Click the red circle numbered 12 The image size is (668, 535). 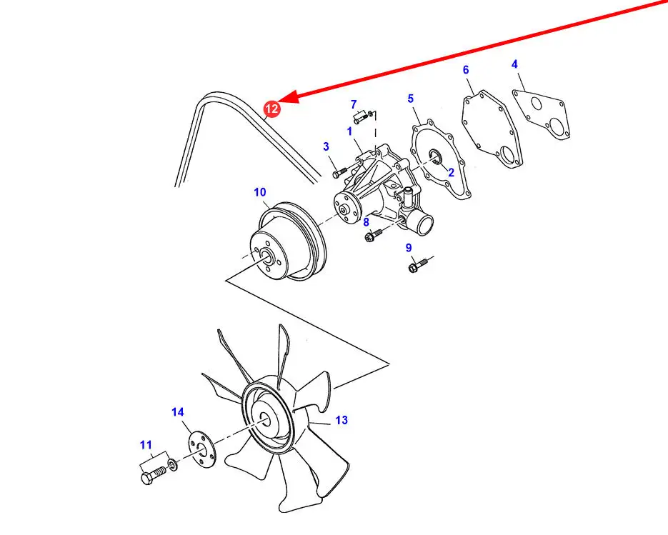pos(272,109)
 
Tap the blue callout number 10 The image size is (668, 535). pos(259,191)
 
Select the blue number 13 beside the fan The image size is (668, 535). pos(342,420)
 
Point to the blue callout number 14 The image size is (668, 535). pos(178,412)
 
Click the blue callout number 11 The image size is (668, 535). pos(146,446)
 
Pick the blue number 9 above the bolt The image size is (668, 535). pos(409,248)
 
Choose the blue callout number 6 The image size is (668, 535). pos(466,70)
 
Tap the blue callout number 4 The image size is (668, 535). pos(514,65)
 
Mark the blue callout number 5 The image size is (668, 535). pos(411,99)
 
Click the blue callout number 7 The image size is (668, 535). pos(353,104)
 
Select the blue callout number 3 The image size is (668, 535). pos(326,147)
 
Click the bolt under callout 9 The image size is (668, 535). pos(417,266)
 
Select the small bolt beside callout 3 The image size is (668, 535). pos(339,171)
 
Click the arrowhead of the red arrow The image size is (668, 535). pos(286,99)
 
